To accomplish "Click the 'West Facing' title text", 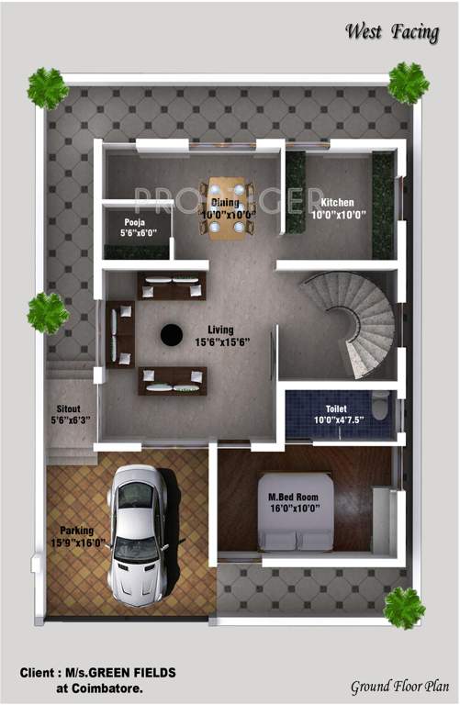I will click(393, 32).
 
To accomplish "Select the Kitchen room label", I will click(337, 203).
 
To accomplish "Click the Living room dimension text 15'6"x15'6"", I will click(220, 342).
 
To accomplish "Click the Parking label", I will click(77, 530).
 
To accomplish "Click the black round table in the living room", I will click(171, 335).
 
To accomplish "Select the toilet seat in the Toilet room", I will click(380, 404).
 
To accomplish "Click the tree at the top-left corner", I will click(47, 88).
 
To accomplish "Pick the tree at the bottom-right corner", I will click(404, 608).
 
